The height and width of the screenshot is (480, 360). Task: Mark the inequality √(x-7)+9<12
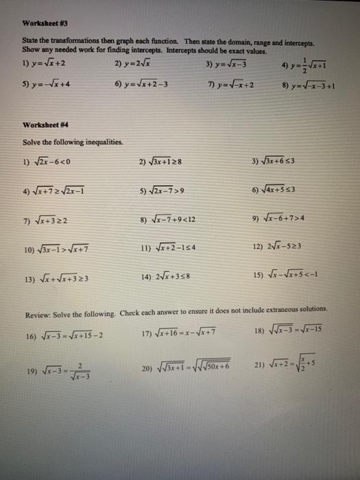[168, 220]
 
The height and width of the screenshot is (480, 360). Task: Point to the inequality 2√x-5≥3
[281, 247]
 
